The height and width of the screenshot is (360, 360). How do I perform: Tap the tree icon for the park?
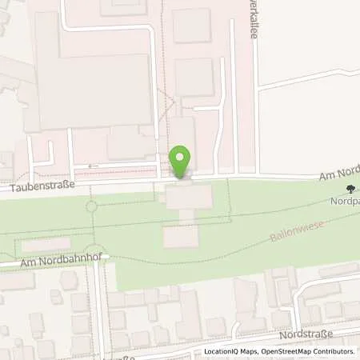350,190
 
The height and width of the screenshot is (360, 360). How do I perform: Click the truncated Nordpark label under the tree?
347,203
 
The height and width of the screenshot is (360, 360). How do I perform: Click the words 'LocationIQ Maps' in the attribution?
229,351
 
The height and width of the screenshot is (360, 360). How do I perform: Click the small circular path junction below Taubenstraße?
91,206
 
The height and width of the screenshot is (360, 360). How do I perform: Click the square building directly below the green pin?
189,198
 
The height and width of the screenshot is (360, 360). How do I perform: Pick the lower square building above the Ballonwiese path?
180,236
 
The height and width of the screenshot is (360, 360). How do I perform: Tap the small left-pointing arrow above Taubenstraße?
89,166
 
